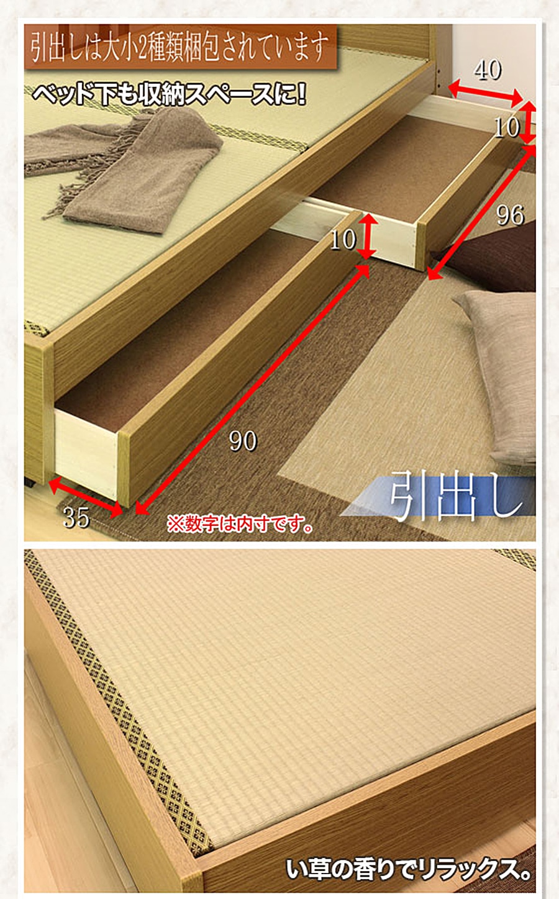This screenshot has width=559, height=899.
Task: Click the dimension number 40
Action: tap(488, 70)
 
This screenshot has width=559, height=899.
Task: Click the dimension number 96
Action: tap(510, 215)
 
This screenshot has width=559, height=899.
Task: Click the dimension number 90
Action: tap(243, 441)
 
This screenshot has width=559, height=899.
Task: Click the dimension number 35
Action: tap(76, 518)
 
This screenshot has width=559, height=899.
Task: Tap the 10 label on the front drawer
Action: tap(343, 240)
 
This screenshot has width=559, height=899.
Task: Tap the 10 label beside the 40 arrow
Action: tap(507, 127)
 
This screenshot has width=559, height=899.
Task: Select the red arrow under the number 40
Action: tap(486, 92)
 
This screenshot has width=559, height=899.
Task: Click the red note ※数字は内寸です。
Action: tap(240, 524)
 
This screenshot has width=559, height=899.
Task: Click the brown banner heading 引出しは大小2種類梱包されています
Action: tap(180, 47)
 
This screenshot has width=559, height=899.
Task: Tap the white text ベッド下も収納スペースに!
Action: tap(169, 95)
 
